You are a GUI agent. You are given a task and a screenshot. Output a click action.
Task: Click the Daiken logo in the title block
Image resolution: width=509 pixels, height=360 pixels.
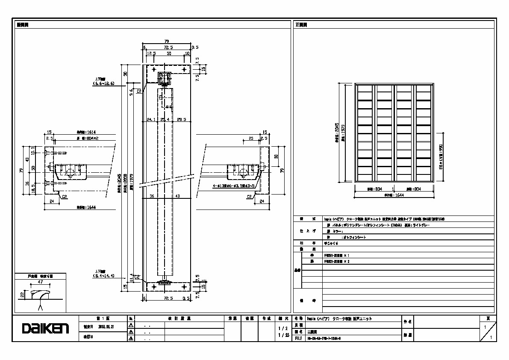click(45, 328)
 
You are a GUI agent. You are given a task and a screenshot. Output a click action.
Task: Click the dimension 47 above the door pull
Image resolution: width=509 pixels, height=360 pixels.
click(40, 283)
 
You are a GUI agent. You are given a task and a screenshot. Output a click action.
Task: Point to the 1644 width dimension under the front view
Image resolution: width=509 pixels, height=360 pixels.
click(394, 195)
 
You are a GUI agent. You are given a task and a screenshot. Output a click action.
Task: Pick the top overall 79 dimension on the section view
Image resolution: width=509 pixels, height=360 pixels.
click(167, 41)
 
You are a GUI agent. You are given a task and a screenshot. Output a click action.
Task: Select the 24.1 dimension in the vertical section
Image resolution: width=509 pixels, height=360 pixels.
click(151, 120)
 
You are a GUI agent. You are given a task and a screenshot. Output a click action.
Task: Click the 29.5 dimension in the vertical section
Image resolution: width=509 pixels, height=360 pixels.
click(182, 120)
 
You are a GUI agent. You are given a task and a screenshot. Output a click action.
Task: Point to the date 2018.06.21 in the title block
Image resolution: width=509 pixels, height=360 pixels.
click(106, 327)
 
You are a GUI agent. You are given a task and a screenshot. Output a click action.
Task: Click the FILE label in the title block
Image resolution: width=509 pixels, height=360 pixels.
click(298, 338)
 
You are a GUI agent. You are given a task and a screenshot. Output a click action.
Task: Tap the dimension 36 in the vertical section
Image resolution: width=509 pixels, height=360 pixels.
click(151, 196)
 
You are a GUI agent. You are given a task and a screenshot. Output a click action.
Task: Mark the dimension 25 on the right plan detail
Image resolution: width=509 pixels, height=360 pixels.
click(251, 138)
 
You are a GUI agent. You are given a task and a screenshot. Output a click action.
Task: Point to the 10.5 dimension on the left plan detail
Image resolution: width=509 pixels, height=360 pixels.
click(33, 150)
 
